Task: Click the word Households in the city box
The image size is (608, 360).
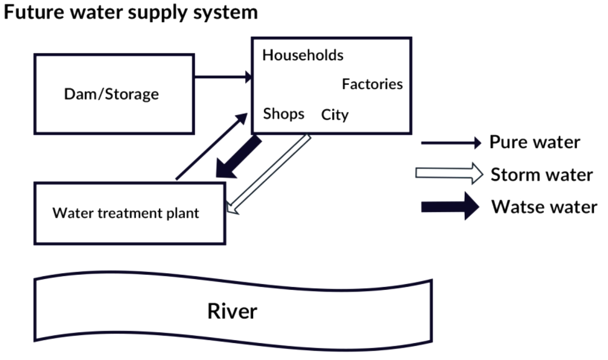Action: coord(303,55)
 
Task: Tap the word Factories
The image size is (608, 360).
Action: coord(372,84)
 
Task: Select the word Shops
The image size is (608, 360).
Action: coord(283,114)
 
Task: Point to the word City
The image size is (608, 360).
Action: coord(335,115)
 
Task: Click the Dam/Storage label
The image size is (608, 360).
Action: coord(111,94)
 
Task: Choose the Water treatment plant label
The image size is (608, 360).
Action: coord(126,213)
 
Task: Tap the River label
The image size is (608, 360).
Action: coord(232,311)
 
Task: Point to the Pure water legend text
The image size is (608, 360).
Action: coord(535,142)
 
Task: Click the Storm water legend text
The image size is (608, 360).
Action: coord(541,175)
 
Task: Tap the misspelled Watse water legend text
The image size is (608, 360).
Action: coord(544,207)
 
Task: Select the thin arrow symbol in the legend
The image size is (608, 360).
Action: coord(451,143)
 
